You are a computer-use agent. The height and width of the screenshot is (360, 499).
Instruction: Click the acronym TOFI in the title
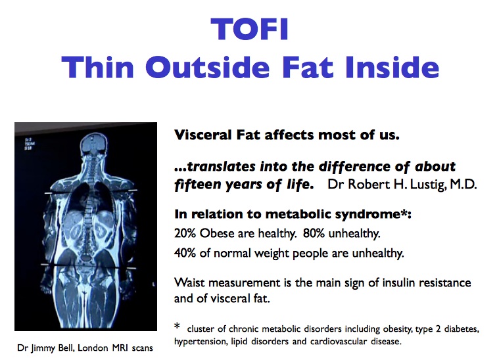[250, 29]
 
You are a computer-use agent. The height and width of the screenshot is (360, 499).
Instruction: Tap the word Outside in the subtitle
[208, 67]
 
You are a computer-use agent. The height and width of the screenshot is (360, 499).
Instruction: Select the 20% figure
[185, 233]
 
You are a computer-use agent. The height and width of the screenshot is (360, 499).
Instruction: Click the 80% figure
[314, 233]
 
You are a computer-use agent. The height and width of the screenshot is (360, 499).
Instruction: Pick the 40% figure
[185, 253]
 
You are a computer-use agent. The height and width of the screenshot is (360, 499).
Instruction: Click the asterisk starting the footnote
[177, 326]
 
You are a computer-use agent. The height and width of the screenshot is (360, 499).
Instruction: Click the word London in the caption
[93, 348]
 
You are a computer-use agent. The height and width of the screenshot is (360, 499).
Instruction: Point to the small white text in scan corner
[30, 144]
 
